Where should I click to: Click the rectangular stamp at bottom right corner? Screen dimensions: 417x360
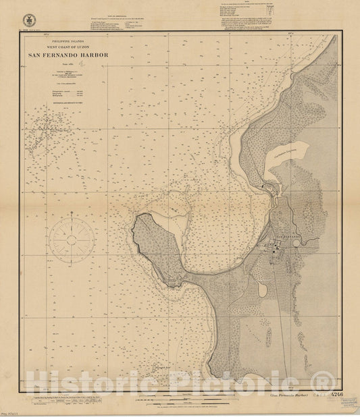pyautogui.click(x=349, y=401)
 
